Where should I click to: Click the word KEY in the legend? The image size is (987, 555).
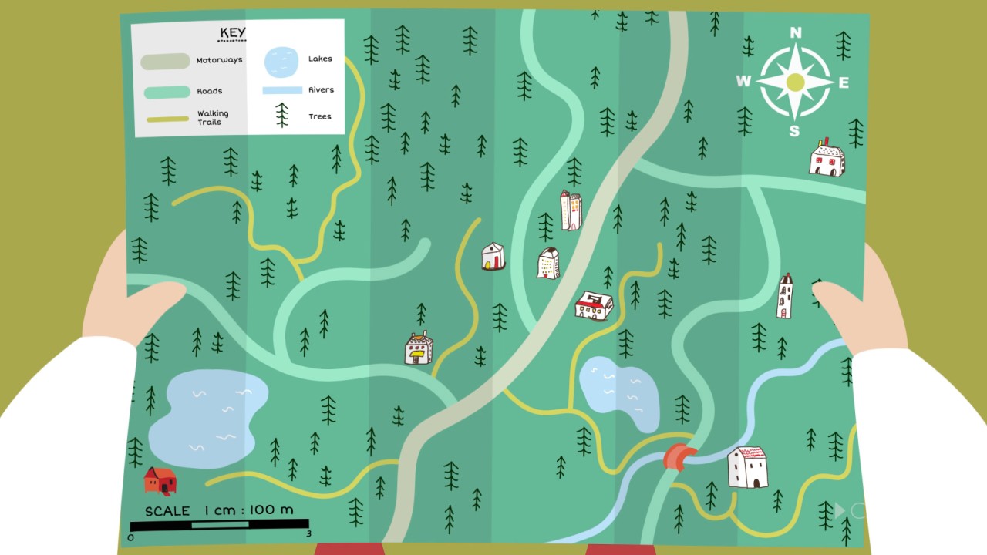point(232,32)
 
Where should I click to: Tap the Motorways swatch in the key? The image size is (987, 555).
point(165,62)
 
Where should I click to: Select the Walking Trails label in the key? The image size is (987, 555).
point(212,117)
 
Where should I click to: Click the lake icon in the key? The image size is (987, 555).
point(281,61)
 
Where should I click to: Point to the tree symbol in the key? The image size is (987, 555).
point(282,116)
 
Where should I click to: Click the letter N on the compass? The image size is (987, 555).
point(796,32)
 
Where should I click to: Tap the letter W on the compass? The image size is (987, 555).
point(743,82)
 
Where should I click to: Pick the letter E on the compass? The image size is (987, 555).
point(844,82)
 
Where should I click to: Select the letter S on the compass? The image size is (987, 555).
point(794,131)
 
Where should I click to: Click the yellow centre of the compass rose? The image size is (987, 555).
point(795,82)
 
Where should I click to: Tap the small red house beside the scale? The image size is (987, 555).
point(160,480)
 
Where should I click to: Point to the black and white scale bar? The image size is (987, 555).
point(219,525)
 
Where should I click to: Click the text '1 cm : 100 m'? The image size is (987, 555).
point(248,510)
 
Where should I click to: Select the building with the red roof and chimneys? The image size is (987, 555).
point(594,305)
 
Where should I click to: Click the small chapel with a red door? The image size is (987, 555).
point(493,256)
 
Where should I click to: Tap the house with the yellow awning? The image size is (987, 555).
point(419,348)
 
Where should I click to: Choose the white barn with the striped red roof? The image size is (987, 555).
point(747,467)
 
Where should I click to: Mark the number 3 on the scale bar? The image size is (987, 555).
point(308,533)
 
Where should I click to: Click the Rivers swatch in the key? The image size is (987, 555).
point(281,90)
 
